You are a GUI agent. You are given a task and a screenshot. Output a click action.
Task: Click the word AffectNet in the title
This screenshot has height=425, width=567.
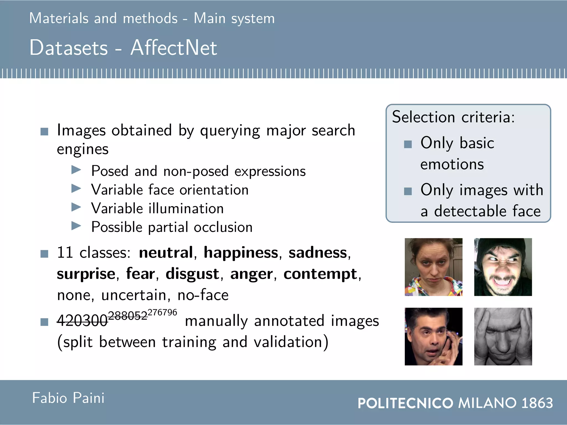tap(174, 48)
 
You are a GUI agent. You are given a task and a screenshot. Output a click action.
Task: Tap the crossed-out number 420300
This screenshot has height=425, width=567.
tap(82, 321)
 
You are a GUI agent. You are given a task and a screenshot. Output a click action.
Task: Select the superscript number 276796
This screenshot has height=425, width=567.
tap(162, 312)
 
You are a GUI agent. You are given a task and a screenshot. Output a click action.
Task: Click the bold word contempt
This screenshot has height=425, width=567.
tap(320, 274)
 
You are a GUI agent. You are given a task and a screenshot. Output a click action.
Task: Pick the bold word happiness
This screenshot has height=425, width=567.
tap(241, 253)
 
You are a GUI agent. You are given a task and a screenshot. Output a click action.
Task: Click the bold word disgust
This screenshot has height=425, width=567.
tap(192, 274)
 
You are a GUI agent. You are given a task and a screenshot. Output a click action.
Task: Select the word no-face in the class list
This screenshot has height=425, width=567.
tap(203, 295)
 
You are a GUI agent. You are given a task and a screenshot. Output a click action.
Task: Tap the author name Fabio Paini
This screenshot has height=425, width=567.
tap(68, 398)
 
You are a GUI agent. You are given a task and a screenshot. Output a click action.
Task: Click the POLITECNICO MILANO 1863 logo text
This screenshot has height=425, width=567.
tap(455, 403)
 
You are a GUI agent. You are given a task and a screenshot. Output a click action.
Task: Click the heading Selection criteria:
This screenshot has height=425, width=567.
tap(453, 117)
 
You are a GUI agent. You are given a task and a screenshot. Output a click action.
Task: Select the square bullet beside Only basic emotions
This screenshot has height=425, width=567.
tap(408, 144)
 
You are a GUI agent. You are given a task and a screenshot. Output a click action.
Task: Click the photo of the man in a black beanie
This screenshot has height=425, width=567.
tap(503, 267)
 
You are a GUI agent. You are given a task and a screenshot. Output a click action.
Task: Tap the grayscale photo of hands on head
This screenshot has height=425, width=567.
tap(503, 336)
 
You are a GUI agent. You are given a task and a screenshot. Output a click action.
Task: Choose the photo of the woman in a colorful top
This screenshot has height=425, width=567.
tap(433, 267)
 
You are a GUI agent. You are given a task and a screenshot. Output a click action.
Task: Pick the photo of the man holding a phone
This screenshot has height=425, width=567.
tap(433, 336)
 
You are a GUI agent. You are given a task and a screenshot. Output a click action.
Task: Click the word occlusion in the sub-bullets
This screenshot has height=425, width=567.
tap(223, 227)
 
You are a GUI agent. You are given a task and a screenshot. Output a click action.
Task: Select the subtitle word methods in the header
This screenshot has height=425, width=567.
tap(150, 19)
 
